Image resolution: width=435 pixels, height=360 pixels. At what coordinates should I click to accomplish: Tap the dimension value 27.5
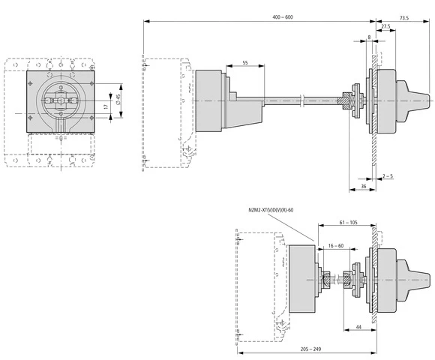pyautogui.click(x=385, y=26)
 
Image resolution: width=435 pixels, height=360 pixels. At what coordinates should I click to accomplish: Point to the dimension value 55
pyautogui.click(x=245, y=63)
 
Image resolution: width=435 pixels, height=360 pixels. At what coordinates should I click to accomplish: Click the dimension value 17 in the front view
pyautogui.click(x=106, y=107)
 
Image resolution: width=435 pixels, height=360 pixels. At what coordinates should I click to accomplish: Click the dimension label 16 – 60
pyautogui.click(x=335, y=245)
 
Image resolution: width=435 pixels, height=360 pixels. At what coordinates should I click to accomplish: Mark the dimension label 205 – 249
pyautogui.click(x=307, y=349)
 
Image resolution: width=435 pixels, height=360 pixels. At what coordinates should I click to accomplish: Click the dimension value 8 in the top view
pyautogui.click(x=369, y=37)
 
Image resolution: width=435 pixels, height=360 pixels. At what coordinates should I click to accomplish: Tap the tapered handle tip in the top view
pyautogui.click(x=419, y=100)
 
